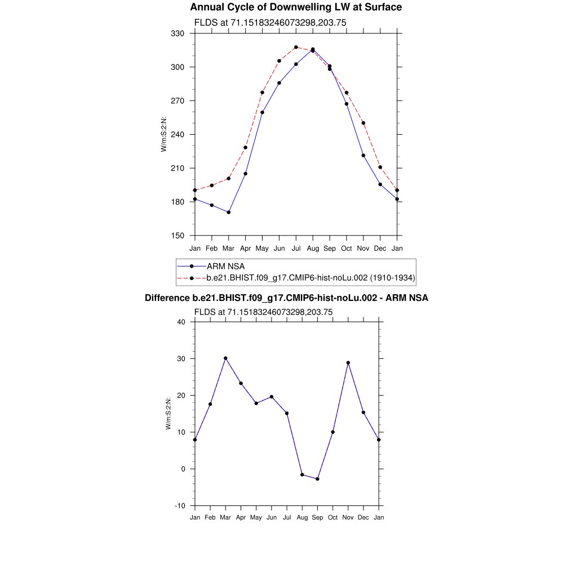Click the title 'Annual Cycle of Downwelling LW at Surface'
(x=296, y=7)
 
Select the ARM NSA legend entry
(x=225, y=266)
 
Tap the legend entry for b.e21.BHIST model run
(x=310, y=278)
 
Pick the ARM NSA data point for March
(x=228, y=212)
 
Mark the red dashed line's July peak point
(x=296, y=47)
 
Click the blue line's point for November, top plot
(x=363, y=156)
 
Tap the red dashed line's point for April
(x=245, y=148)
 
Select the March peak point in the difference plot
(x=225, y=358)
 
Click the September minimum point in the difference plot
(x=318, y=479)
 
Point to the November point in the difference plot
(x=348, y=363)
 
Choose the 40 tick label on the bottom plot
(x=181, y=322)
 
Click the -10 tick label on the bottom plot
(x=180, y=506)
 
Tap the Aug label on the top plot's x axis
(x=313, y=248)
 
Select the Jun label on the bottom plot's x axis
(x=272, y=517)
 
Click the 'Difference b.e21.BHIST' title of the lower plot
(x=286, y=298)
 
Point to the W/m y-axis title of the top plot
(x=164, y=134)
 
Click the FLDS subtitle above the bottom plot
(x=263, y=312)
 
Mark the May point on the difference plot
(x=256, y=403)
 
